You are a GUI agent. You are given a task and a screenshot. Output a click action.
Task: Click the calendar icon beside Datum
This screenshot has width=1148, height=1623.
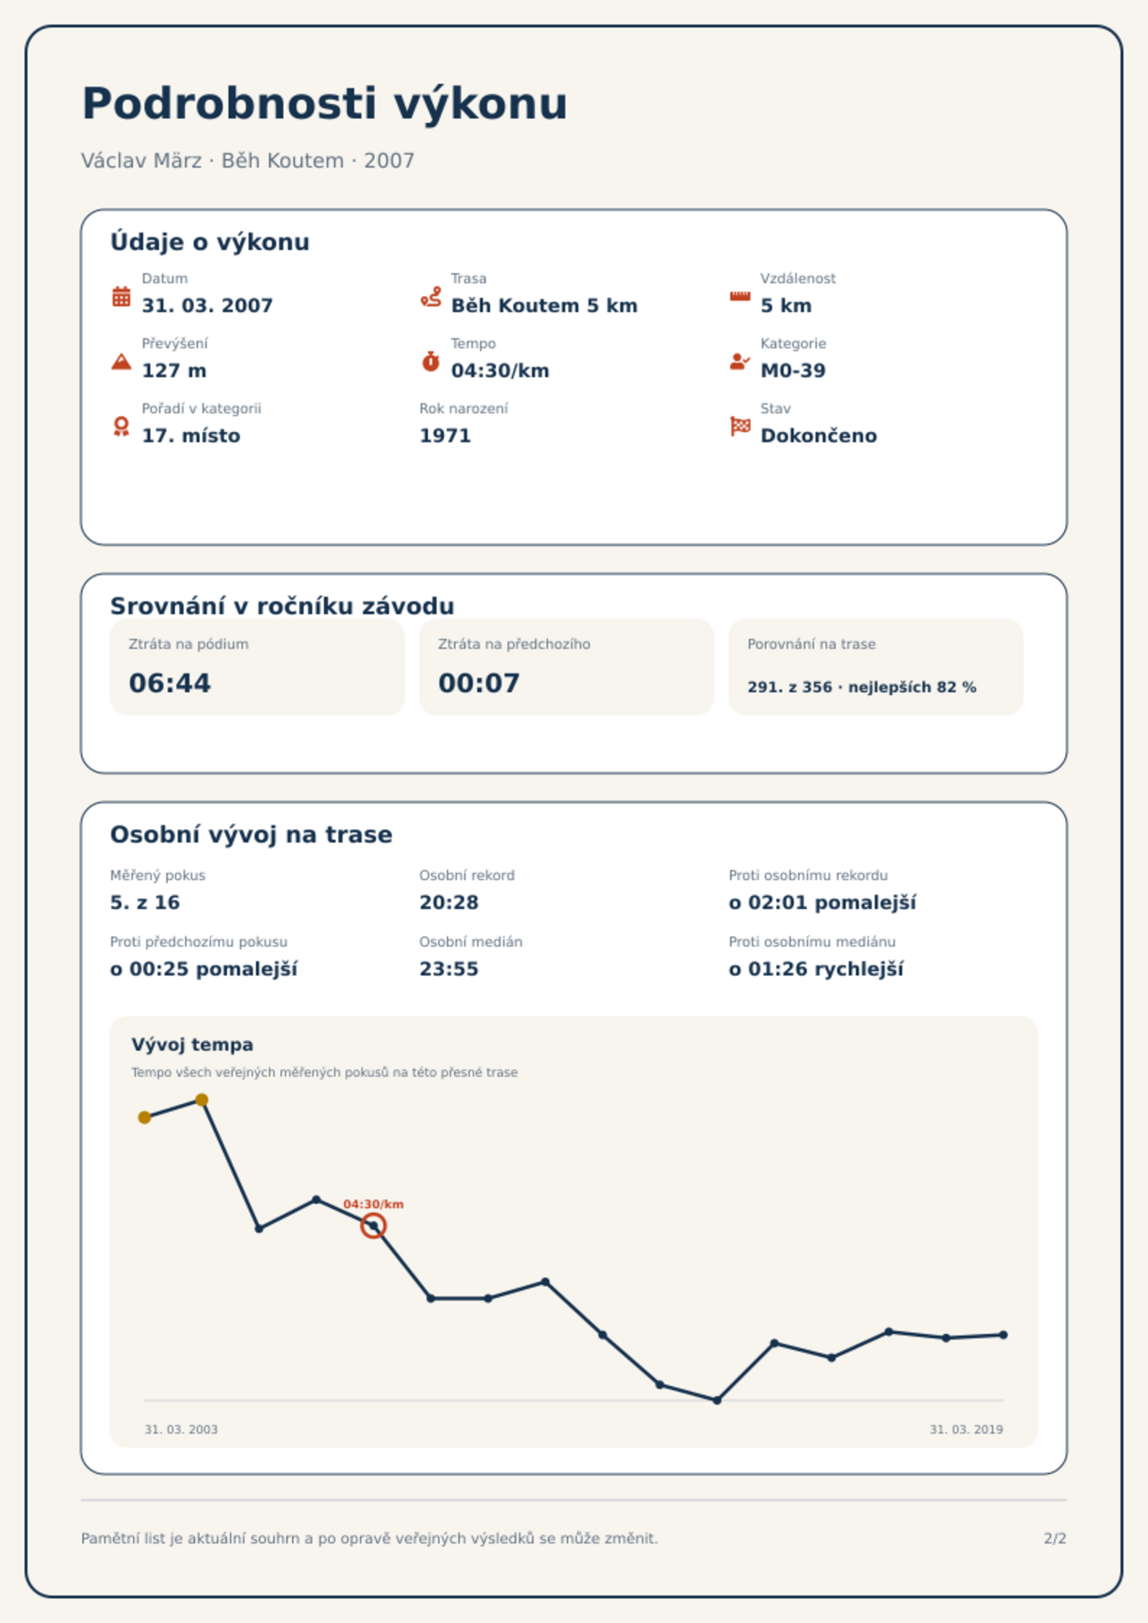pos(121,296)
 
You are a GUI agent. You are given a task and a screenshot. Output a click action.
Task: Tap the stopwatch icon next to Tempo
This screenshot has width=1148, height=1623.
pos(430,361)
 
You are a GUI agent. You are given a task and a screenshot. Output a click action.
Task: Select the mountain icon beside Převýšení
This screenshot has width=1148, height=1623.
pos(121,361)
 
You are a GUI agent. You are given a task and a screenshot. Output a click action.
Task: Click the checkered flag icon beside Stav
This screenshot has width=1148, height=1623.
pos(740,426)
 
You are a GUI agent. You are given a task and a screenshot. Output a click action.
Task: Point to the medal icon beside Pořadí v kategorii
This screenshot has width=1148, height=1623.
pos(121,426)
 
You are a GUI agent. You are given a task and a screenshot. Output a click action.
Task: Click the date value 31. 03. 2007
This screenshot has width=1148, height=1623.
pos(207,306)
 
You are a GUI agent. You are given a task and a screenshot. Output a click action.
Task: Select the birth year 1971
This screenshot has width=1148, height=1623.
pos(445,436)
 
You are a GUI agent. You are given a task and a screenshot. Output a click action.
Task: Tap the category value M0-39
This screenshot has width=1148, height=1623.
pos(793,371)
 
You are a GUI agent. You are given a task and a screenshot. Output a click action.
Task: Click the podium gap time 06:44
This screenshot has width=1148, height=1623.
pos(170,683)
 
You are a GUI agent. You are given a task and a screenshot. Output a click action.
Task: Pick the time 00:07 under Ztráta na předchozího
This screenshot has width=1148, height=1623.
pos(479,683)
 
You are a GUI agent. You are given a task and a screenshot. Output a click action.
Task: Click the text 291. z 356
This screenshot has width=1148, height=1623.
pos(789,687)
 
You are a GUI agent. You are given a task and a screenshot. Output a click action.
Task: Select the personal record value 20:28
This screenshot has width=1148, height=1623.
pos(449,903)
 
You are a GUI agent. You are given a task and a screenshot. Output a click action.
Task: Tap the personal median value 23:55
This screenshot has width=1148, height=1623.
pos(449,969)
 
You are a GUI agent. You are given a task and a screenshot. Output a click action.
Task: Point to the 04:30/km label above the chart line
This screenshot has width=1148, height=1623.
pos(373,1204)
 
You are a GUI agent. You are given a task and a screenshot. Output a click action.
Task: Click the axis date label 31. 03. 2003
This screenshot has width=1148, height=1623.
pos(181,1429)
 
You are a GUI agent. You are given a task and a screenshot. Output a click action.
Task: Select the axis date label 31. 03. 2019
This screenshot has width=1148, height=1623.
pos(967,1429)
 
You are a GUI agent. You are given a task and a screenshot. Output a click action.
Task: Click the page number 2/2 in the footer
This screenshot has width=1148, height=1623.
pos(1055,1538)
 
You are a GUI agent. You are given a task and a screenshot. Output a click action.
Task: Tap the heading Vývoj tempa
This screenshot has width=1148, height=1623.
pos(192,1045)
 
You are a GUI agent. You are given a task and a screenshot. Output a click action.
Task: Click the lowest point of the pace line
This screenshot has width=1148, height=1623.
pos(717,1400)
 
